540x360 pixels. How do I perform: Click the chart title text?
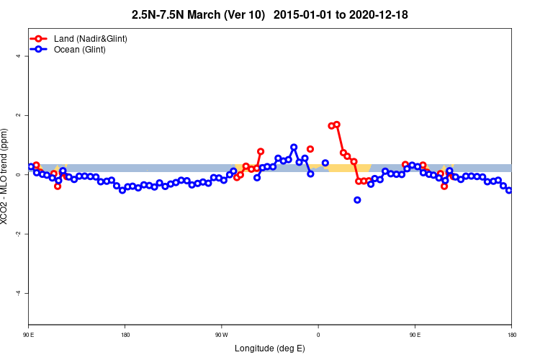pyautogui.click(x=270, y=14)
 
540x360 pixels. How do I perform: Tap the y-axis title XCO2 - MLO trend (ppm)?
pyautogui.click(x=6, y=176)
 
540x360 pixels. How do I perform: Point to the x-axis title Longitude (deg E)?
pyautogui.click(x=270, y=348)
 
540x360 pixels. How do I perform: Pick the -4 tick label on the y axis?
pyautogui.click(x=17, y=294)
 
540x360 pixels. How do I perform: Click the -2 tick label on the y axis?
pyautogui.click(x=17, y=234)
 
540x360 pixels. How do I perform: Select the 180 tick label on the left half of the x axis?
pyautogui.click(x=125, y=334)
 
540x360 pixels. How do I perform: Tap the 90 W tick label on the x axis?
pyautogui.click(x=221, y=334)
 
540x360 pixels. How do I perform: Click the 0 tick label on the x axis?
pyautogui.click(x=318, y=334)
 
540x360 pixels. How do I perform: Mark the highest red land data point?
pyautogui.click(x=336, y=125)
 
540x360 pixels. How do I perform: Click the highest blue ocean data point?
pyautogui.click(x=294, y=147)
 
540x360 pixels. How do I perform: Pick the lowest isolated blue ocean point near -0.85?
pyautogui.click(x=357, y=200)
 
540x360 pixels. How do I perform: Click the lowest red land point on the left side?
pyautogui.click(x=58, y=186)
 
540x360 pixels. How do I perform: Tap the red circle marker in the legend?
pyautogui.click(x=40, y=38)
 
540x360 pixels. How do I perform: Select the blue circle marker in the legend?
pyautogui.click(x=40, y=50)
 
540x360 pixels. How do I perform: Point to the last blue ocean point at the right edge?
pyautogui.click(x=509, y=190)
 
